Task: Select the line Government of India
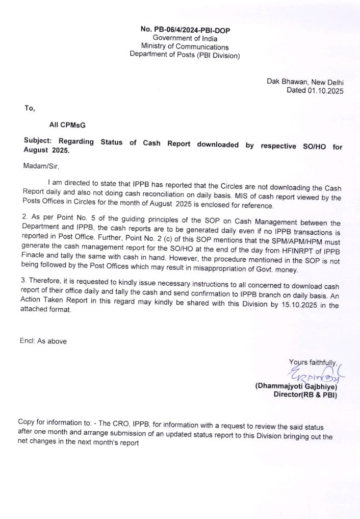tap(185, 39)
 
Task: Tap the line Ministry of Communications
tap(185, 47)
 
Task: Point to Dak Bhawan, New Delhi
tap(305, 82)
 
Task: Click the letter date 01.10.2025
tap(325, 91)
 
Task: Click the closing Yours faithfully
tap(312, 363)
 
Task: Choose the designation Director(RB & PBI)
tap(305, 395)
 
